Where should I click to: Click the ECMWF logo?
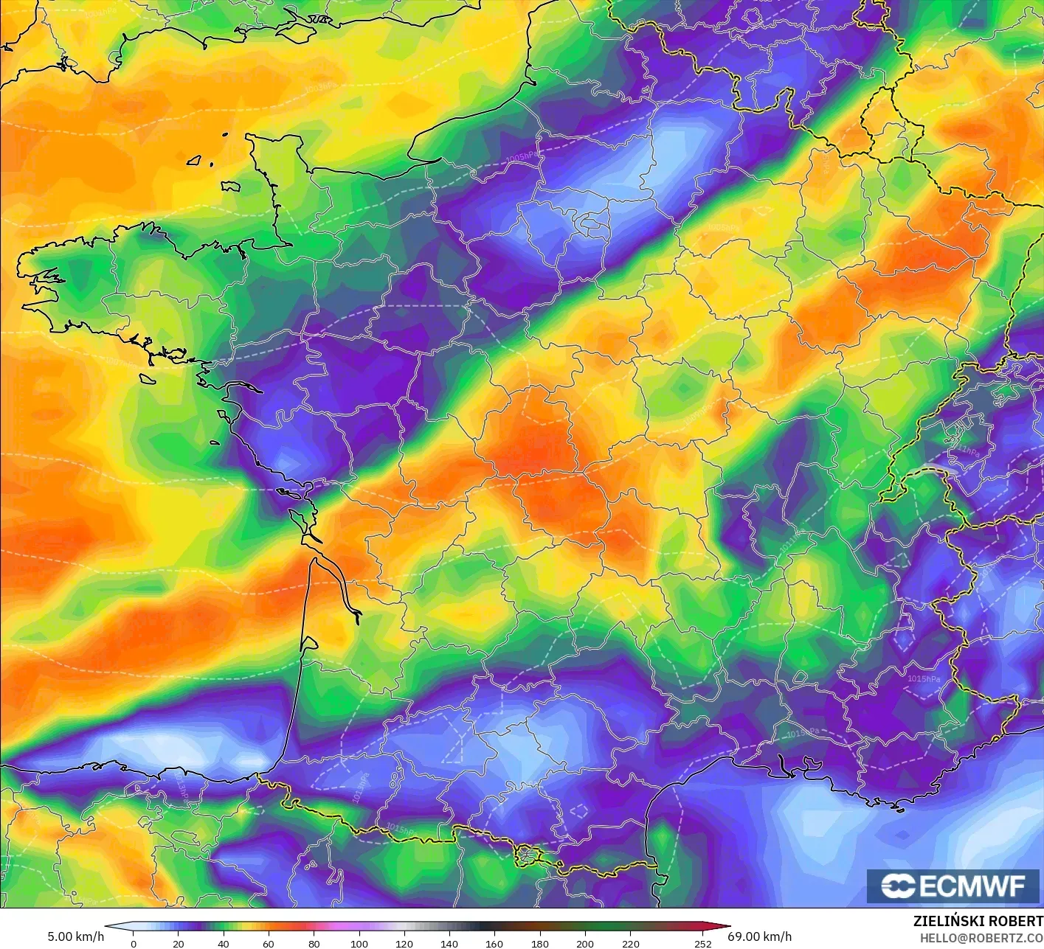pos(953,886)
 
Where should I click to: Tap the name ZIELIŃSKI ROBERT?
pos(978,921)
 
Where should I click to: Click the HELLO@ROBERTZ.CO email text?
pos(981,938)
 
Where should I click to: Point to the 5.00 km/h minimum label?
pos(75,936)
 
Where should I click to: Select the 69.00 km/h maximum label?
pos(760,936)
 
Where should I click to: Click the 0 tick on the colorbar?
pos(134,943)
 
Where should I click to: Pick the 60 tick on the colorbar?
pos(269,943)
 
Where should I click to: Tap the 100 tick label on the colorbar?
pos(359,943)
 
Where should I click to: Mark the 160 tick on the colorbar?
pos(494,943)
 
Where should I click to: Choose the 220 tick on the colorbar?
pos(630,943)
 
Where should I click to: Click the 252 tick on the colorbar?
pos(702,943)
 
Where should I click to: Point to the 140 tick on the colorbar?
pos(449,943)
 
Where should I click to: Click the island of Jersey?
pos(231,187)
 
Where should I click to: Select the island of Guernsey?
pos(195,160)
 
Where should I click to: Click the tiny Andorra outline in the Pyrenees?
pos(528,856)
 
